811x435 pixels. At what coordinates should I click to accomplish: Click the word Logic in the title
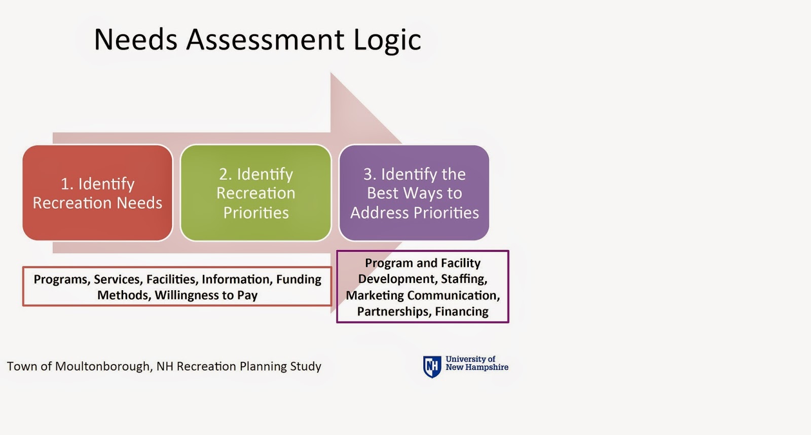point(387,40)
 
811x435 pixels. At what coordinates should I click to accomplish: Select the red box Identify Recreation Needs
point(97,193)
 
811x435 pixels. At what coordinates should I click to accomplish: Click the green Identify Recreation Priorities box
point(255,193)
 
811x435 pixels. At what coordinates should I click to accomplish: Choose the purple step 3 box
point(414,193)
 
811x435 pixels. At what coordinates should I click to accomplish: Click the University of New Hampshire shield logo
point(432,367)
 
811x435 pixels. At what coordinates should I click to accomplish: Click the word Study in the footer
point(306,367)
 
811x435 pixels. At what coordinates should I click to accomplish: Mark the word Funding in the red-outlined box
point(299,280)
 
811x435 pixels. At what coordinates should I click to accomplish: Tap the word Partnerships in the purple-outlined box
point(394,312)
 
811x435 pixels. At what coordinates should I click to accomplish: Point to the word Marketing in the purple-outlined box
point(375,295)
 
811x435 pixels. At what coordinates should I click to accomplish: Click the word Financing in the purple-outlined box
point(462,312)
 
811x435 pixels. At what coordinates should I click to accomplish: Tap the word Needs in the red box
point(139,203)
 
